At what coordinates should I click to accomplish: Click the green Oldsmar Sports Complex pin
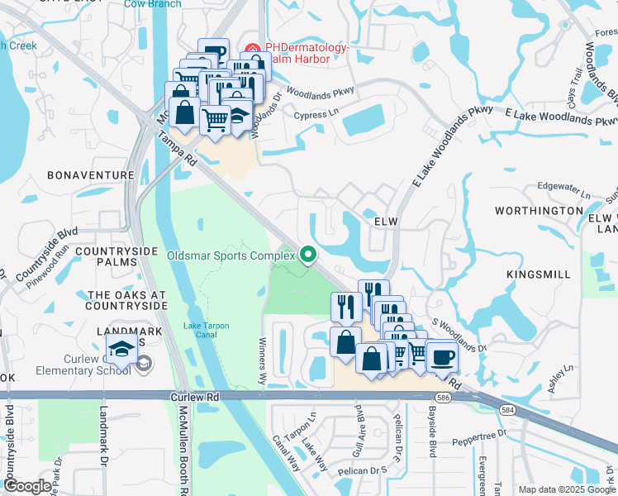tap(309, 255)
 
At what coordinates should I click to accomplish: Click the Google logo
tap(26, 486)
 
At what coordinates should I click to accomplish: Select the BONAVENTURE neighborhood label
tap(91, 175)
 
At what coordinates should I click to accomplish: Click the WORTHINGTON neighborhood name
tap(539, 211)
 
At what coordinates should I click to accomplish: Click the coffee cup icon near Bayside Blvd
tap(442, 356)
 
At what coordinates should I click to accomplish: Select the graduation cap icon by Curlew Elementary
tap(121, 351)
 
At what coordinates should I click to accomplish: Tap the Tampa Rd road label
tap(174, 147)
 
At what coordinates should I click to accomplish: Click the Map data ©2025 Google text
tap(566, 489)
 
